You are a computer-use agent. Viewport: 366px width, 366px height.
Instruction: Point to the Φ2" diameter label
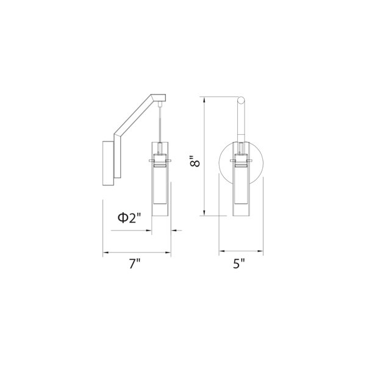pyautogui.click(x=130, y=218)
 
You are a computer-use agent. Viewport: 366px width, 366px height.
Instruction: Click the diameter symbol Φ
pyautogui.click(x=122, y=218)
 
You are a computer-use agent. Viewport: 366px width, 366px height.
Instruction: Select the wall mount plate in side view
pyautogui.click(x=108, y=162)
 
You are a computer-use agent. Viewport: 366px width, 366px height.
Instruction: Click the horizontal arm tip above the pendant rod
pyautogui.click(x=160, y=97)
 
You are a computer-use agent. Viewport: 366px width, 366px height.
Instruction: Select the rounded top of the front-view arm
pyautogui.click(x=242, y=100)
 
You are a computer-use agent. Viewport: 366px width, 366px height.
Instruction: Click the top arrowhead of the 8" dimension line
pyautogui.click(x=204, y=99)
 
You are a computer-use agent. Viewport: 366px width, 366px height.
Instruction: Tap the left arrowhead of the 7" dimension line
pyautogui.click(x=104, y=251)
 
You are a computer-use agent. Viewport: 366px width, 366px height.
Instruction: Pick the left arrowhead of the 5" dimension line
pyautogui.click(x=221, y=251)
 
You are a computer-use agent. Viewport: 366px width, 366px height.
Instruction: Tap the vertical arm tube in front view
pyautogui.click(x=242, y=122)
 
